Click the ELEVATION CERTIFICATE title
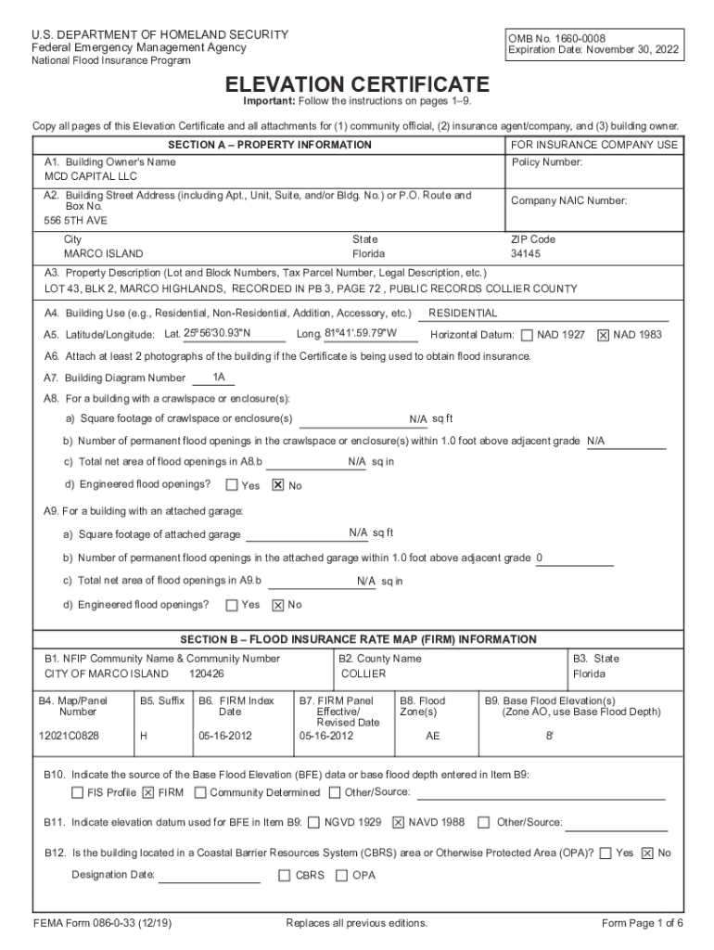(x=358, y=83)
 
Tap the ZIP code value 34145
(x=526, y=253)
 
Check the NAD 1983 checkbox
(x=603, y=335)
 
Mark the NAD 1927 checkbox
(x=527, y=335)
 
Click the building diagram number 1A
(x=219, y=378)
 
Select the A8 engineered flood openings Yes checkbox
(x=232, y=485)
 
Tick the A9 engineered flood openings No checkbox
(x=277, y=606)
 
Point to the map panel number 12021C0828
(x=69, y=736)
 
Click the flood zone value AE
(x=432, y=736)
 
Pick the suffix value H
(x=143, y=736)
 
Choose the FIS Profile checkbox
(x=78, y=793)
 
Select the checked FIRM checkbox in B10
(x=148, y=793)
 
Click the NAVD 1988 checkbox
(x=399, y=822)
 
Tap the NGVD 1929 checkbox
(x=314, y=822)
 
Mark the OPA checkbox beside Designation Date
(x=342, y=875)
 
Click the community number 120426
(x=206, y=674)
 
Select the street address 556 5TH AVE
(x=75, y=221)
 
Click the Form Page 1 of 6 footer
(x=643, y=923)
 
